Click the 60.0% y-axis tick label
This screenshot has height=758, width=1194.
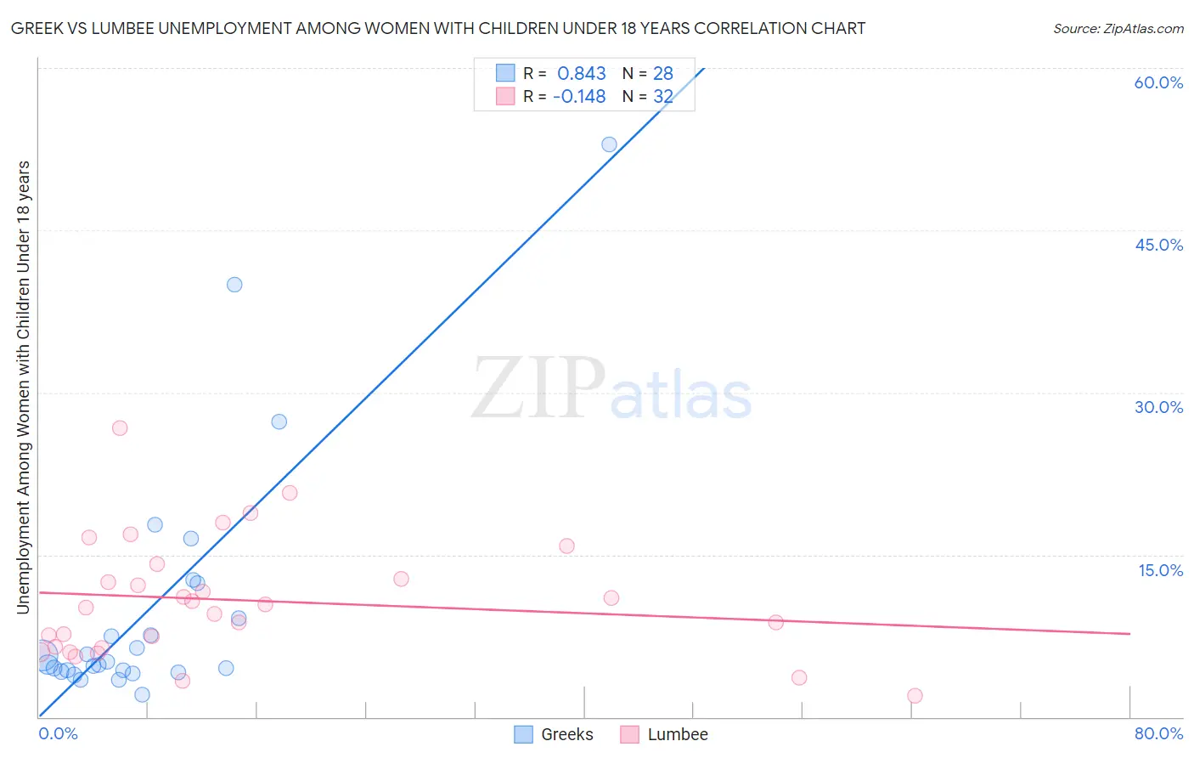1158,82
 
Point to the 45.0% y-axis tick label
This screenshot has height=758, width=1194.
1158,245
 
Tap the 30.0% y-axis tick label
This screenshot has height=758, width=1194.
1158,407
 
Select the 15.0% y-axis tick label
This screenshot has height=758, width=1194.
1160,570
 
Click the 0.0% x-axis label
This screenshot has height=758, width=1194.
58,733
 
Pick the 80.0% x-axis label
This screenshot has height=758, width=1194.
1158,733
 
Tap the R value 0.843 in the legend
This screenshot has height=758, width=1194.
582,74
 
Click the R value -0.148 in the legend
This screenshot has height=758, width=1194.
579,97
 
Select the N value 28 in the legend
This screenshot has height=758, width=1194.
663,74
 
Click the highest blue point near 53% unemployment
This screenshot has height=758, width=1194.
609,144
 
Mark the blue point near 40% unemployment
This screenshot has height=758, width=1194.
234,285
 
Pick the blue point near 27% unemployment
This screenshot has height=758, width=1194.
279,421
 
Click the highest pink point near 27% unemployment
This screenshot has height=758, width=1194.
120,428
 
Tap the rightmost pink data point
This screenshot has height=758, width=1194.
915,696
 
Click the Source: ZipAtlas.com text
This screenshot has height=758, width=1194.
1118,29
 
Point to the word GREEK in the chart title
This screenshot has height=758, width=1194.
35,29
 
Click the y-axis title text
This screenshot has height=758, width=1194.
24,387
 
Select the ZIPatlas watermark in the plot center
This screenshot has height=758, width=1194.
611,389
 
